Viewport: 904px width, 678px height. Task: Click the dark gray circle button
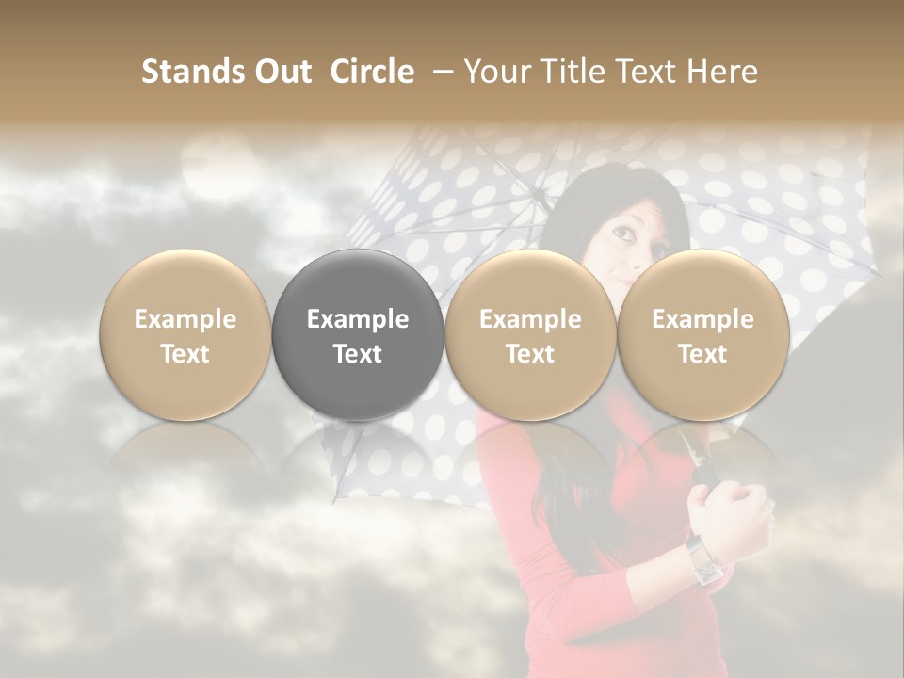358,334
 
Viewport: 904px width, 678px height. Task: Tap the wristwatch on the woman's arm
703,560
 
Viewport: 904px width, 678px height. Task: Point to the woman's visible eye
622,230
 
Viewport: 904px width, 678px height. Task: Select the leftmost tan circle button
186,334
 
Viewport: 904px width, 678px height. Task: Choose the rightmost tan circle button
702,334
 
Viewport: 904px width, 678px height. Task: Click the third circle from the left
530,334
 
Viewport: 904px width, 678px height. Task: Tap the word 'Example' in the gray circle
358,319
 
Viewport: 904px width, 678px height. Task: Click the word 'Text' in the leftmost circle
186,354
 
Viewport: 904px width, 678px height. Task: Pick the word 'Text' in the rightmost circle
702,354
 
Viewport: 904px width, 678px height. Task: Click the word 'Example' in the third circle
530,319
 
